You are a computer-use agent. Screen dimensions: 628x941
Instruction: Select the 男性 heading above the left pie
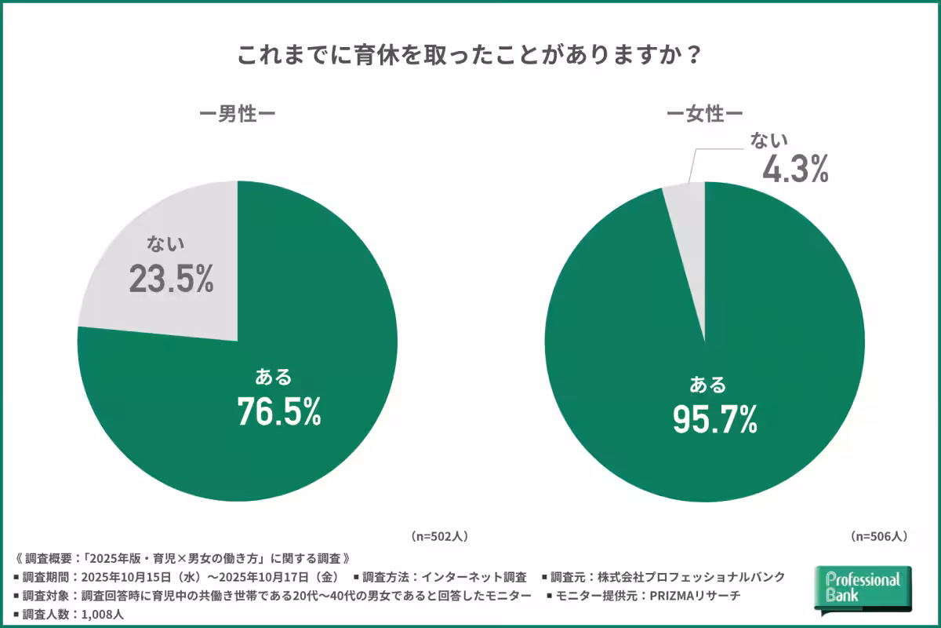(x=237, y=115)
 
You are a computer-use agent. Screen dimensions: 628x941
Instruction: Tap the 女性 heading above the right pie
(x=704, y=115)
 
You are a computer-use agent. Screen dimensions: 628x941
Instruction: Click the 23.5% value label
(x=171, y=280)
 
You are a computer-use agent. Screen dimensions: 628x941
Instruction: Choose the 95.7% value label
(x=714, y=421)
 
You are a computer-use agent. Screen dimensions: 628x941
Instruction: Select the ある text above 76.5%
(x=274, y=378)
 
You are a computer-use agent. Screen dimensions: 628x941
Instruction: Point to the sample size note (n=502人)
(x=439, y=537)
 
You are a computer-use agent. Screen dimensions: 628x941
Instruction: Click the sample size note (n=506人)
(x=878, y=537)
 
